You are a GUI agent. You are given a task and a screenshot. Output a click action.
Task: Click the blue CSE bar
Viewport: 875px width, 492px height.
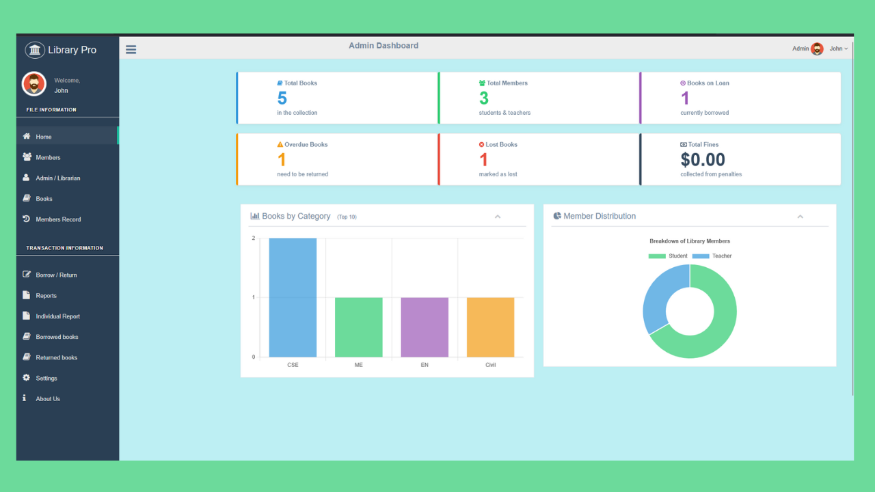(x=293, y=297)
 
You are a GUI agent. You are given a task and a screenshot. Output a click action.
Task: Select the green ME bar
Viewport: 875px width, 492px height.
(x=358, y=327)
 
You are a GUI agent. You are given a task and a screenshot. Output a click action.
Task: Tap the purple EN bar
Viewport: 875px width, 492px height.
(x=425, y=327)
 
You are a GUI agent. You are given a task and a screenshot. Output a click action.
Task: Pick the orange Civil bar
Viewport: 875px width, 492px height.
(x=490, y=327)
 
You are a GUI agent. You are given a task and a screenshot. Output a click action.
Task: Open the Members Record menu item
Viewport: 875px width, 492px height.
(x=58, y=219)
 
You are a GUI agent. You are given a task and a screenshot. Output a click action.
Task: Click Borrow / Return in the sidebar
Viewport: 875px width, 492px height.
(x=56, y=275)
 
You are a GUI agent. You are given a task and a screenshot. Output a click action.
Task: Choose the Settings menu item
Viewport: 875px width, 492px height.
(x=46, y=379)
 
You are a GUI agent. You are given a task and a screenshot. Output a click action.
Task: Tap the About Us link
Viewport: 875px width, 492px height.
(x=48, y=399)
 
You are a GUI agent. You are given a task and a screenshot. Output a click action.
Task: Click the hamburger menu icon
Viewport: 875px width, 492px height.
(x=131, y=49)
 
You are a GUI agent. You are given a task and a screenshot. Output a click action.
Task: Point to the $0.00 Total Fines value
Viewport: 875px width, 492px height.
(x=703, y=160)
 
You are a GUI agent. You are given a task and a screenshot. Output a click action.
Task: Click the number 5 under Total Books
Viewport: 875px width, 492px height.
(x=282, y=98)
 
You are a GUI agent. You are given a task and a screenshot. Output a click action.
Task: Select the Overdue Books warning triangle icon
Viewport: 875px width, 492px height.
(x=280, y=145)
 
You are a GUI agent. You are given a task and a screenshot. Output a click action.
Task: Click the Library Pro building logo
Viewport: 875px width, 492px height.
(x=35, y=50)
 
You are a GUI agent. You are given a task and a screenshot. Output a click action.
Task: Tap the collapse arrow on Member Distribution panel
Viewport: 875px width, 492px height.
(x=800, y=217)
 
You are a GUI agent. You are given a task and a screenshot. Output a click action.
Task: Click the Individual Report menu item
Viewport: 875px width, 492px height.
(x=57, y=316)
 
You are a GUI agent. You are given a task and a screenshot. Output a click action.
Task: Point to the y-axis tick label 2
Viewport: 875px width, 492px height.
(x=254, y=238)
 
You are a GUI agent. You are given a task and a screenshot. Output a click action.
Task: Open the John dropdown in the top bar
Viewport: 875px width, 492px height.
(x=838, y=49)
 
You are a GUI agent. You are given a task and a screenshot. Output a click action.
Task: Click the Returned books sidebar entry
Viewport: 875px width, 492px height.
(x=56, y=358)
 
